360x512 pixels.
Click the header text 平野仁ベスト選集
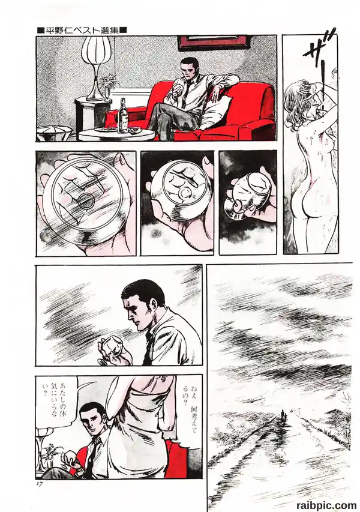pos(82,31)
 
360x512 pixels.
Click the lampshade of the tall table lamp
pos(96,49)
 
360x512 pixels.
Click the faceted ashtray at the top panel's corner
pos(54,133)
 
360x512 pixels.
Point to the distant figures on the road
pos(284,415)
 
